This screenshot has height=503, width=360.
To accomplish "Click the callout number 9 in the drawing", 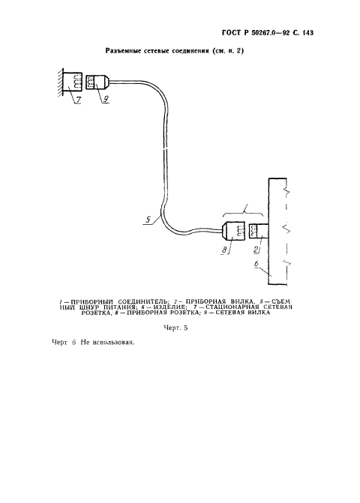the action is point(105,100).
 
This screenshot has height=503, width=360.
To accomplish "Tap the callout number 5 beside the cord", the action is point(148,220).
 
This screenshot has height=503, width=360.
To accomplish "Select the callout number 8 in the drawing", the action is point(224,250).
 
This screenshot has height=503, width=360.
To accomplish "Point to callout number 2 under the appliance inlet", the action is point(256,250).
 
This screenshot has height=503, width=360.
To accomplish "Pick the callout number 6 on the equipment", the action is point(256,264).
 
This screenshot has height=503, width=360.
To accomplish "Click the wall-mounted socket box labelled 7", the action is point(72,82).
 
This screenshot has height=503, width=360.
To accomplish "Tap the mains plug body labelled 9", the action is point(97,82).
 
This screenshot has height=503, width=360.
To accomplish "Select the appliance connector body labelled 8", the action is point(233,231).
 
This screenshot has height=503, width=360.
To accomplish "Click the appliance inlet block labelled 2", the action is point(259,231).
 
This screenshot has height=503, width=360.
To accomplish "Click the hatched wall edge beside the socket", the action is point(60,82).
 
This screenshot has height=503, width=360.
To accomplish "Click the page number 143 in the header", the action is point(307,33).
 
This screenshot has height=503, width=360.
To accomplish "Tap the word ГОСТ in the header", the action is point(231,33).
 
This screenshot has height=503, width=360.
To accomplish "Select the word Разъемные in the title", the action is point(126,51).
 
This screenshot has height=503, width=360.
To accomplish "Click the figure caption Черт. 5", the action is point(175,328).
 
